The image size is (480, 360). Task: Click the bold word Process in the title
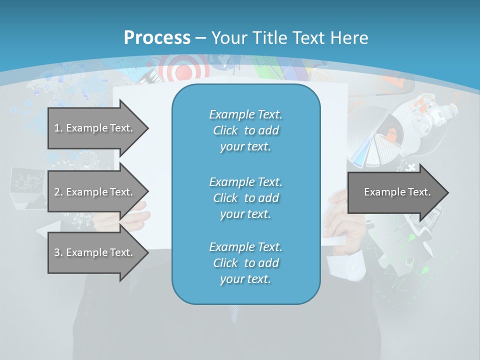click(157, 37)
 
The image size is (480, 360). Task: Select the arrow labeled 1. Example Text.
click(95, 128)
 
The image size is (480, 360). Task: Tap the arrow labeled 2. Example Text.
click(95, 192)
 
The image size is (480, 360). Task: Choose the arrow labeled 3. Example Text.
click(95, 252)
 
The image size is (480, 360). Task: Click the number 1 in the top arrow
click(57, 128)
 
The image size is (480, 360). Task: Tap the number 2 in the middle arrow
click(57, 192)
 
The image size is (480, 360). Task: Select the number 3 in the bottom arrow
click(57, 252)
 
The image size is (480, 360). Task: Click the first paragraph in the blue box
click(245, 130)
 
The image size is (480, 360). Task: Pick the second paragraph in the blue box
click(245, 198)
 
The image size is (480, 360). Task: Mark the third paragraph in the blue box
click(245, 263)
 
